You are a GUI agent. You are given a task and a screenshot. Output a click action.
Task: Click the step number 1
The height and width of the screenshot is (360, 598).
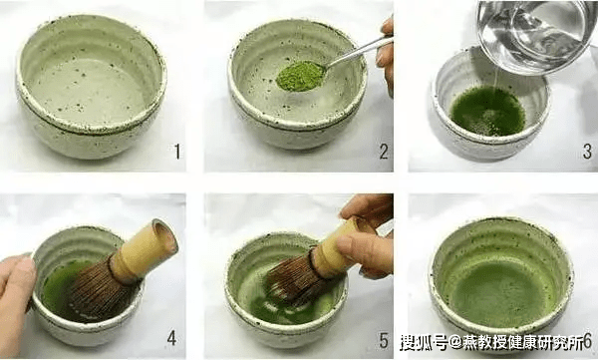point(177,152)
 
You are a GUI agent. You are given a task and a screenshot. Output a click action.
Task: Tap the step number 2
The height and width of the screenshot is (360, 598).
point(384,152)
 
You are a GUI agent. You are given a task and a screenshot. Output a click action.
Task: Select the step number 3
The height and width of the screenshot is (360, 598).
point(587,152)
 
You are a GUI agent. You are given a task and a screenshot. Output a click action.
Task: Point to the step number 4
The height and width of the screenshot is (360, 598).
point(171,338)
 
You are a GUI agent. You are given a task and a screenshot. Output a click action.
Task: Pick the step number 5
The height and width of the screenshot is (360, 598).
point(384,340)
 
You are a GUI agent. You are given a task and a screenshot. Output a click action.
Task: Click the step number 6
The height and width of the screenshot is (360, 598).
point(588,340)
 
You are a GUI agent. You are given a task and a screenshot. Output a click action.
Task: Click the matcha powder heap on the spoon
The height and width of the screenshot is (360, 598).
point(301,76)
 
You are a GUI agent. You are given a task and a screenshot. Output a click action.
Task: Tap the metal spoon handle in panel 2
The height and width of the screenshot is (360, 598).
point(359,51)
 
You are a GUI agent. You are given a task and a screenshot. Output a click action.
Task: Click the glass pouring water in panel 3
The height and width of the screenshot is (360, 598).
point(536,34)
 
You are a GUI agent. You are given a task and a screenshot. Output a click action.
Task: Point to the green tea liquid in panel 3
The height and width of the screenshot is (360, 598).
point(487,111)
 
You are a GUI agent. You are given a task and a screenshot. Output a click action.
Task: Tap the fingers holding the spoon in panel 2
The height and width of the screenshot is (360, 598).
point(386,57)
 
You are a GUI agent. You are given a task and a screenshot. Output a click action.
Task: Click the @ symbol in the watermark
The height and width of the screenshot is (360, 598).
point(455,342)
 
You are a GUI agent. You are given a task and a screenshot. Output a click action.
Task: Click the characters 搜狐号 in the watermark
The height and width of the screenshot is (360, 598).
point(424,342)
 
